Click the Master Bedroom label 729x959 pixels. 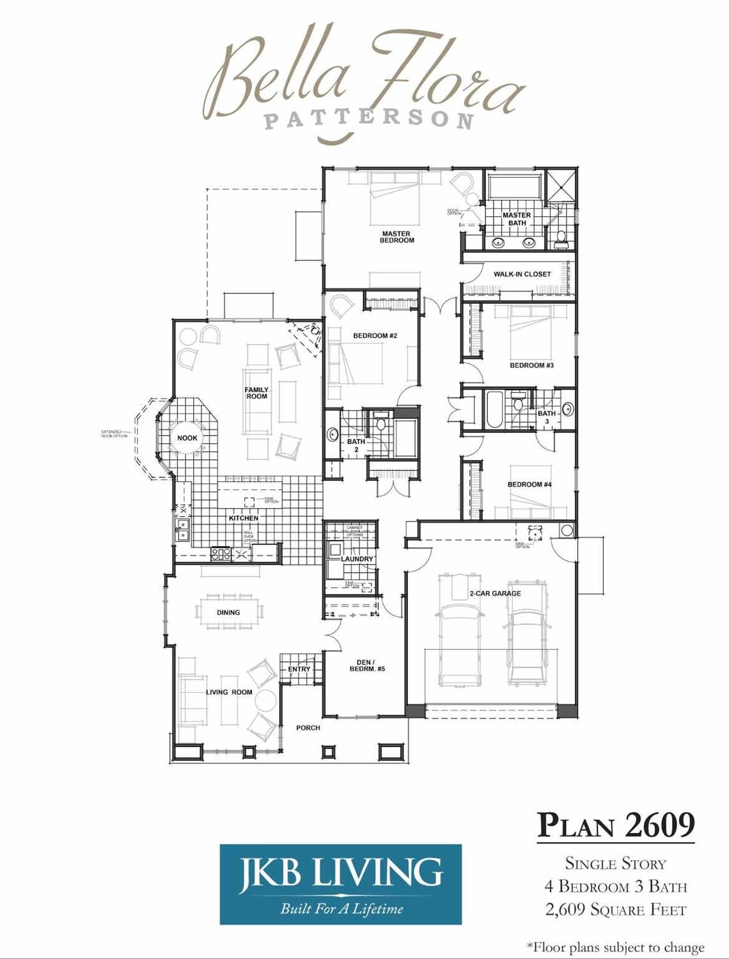click(396, 237)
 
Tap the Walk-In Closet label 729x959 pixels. click(522, 274)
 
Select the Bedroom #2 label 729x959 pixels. click(375, 336)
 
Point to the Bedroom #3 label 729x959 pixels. click(531, 365)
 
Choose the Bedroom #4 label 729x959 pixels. click(529, 484)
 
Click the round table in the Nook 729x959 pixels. click(187, 438)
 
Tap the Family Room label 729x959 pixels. click(256, 393)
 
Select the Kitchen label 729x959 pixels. click(244, 518)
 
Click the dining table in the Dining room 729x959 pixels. click(228, 612)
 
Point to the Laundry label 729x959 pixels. click(357, 559)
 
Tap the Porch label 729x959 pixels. click(308, 728)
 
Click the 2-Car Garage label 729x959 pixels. click(495, 594)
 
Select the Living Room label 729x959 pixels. click(229, 692)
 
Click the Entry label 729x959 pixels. click(299, 669)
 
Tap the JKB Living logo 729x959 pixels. click(340, 884)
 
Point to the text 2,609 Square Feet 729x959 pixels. click(616, 910)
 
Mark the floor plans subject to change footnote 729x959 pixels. click(615, 947)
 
